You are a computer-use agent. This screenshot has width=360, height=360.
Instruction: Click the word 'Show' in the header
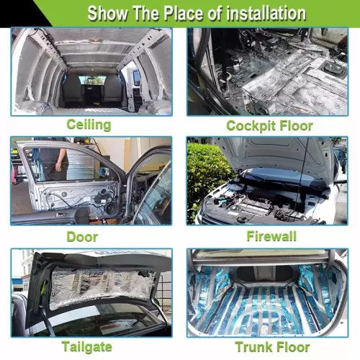[107, 13]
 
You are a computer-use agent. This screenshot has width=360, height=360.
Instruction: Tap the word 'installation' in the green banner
[266, 13]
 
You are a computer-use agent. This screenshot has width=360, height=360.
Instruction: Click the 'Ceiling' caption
[89, 125]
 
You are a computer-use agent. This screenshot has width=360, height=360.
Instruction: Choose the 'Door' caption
[82, 237]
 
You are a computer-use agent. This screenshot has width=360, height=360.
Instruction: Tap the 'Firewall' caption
[271, 236]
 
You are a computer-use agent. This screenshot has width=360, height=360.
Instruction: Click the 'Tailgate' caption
[87, 347]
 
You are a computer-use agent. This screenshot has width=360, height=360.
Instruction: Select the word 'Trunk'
[254, 347]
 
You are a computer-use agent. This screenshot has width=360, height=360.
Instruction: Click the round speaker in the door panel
[110, 207]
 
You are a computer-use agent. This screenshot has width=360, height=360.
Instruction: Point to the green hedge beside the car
[207, 178]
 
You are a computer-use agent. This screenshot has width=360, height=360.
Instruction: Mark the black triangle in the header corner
[20, 12]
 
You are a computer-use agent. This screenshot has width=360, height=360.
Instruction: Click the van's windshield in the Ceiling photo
[92, 80]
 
